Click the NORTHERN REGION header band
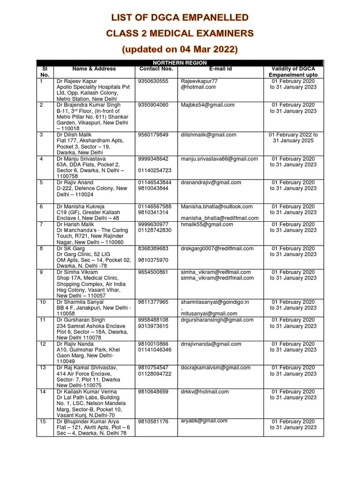[x=180, y=63]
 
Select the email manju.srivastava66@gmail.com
[x=219, y=159]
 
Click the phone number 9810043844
[x=153, y=188]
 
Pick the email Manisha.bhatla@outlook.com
[x=216, y=206]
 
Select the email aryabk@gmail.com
[x=201, y=421]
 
